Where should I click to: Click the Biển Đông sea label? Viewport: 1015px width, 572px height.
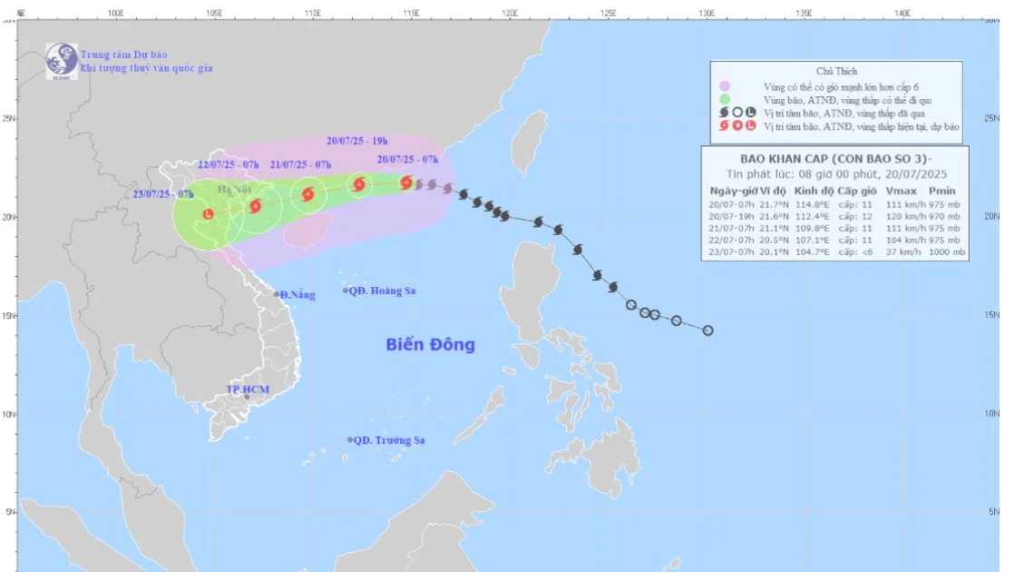pyautogui.click(x=430, y=345)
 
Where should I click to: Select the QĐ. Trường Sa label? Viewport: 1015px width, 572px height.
pyautogui.click(x=388, y=440)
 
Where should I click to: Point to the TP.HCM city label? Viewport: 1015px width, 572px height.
pyautogui.click(x=248, y=390)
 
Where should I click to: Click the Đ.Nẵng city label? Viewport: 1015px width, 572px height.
pyautogui.click(x=298, y=295)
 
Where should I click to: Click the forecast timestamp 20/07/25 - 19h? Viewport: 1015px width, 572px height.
pyautogui.click(x=356, y=142)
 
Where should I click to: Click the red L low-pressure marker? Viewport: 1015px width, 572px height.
pyautogui.click(x=209, y=214)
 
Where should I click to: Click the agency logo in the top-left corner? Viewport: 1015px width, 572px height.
pyautogui.click(x=62, y=61)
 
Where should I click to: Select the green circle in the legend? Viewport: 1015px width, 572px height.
pyautogui.click(x=725, y=99)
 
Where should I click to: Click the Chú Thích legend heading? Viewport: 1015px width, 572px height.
pyautogui.click(x=836, y=71)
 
